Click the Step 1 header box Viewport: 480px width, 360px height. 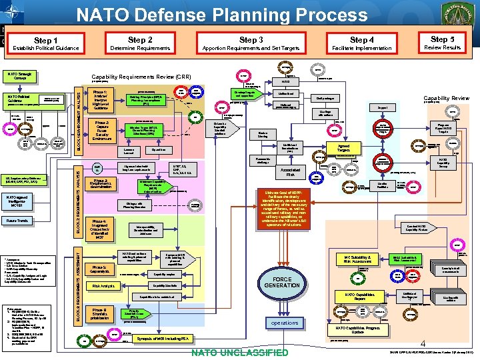(x=45, y=44)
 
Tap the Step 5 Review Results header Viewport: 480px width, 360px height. (x=443, y=43)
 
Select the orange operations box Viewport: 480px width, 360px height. (x=285, y=323)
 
